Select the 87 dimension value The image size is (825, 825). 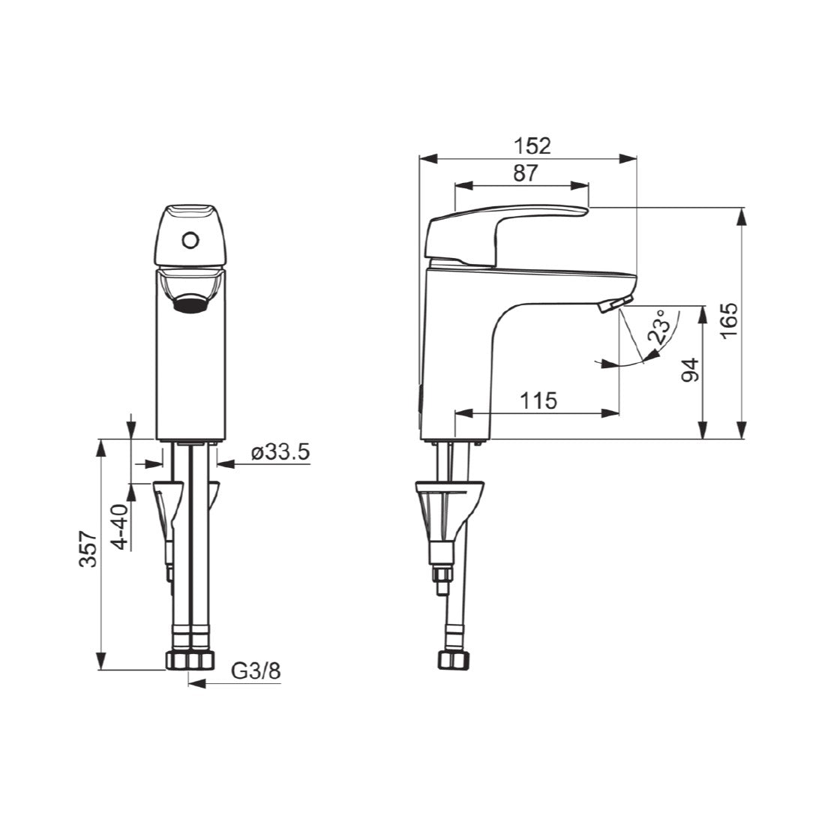tap(525, 172)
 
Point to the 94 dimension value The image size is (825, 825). tap(690, 370)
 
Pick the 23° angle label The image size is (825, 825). tap(658, 327)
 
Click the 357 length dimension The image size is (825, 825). tap(88, 549)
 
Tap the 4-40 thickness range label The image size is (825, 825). tap(119, 527)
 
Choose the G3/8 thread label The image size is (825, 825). tap(255, 670)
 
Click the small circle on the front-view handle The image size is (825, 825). tap(190, 241)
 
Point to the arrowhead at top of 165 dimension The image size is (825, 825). tap(742, 214)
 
